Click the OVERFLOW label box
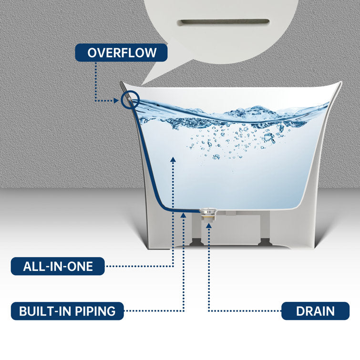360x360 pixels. click(122, 52)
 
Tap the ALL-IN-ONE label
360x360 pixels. click(58, 266)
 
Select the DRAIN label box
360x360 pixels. click(315, 311)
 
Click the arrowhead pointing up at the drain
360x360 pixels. click(208, 225)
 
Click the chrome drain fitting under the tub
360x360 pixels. click(208, 213)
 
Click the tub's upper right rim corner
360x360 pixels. click(339, 83)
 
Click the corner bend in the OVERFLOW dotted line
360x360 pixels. click(95, 101)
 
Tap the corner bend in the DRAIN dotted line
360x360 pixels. click(208, 311)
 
